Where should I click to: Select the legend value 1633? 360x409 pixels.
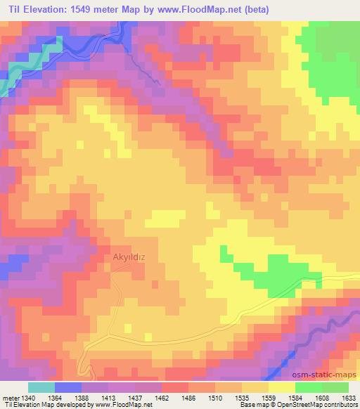click(x=347, y=398)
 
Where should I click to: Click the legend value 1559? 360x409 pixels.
click(x=269, y=398)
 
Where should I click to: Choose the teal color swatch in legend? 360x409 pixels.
click(x=41, y=387)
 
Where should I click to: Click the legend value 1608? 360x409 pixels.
click(x=321, y=398)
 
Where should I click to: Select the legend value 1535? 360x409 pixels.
click(x=243, y=398)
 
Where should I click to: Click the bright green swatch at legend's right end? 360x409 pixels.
click(x=335, y=387)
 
